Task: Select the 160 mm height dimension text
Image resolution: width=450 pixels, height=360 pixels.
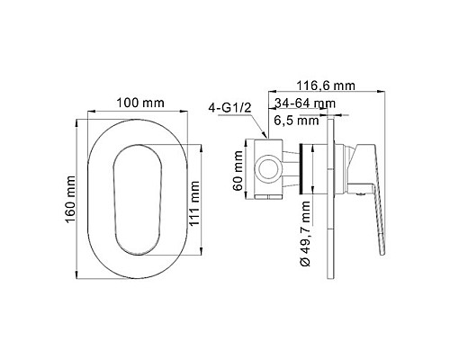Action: tap(71, 192)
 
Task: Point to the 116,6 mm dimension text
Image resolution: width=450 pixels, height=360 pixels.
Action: tap(329, 85)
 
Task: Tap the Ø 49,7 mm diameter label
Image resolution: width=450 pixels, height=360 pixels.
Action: tap(307, 233)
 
